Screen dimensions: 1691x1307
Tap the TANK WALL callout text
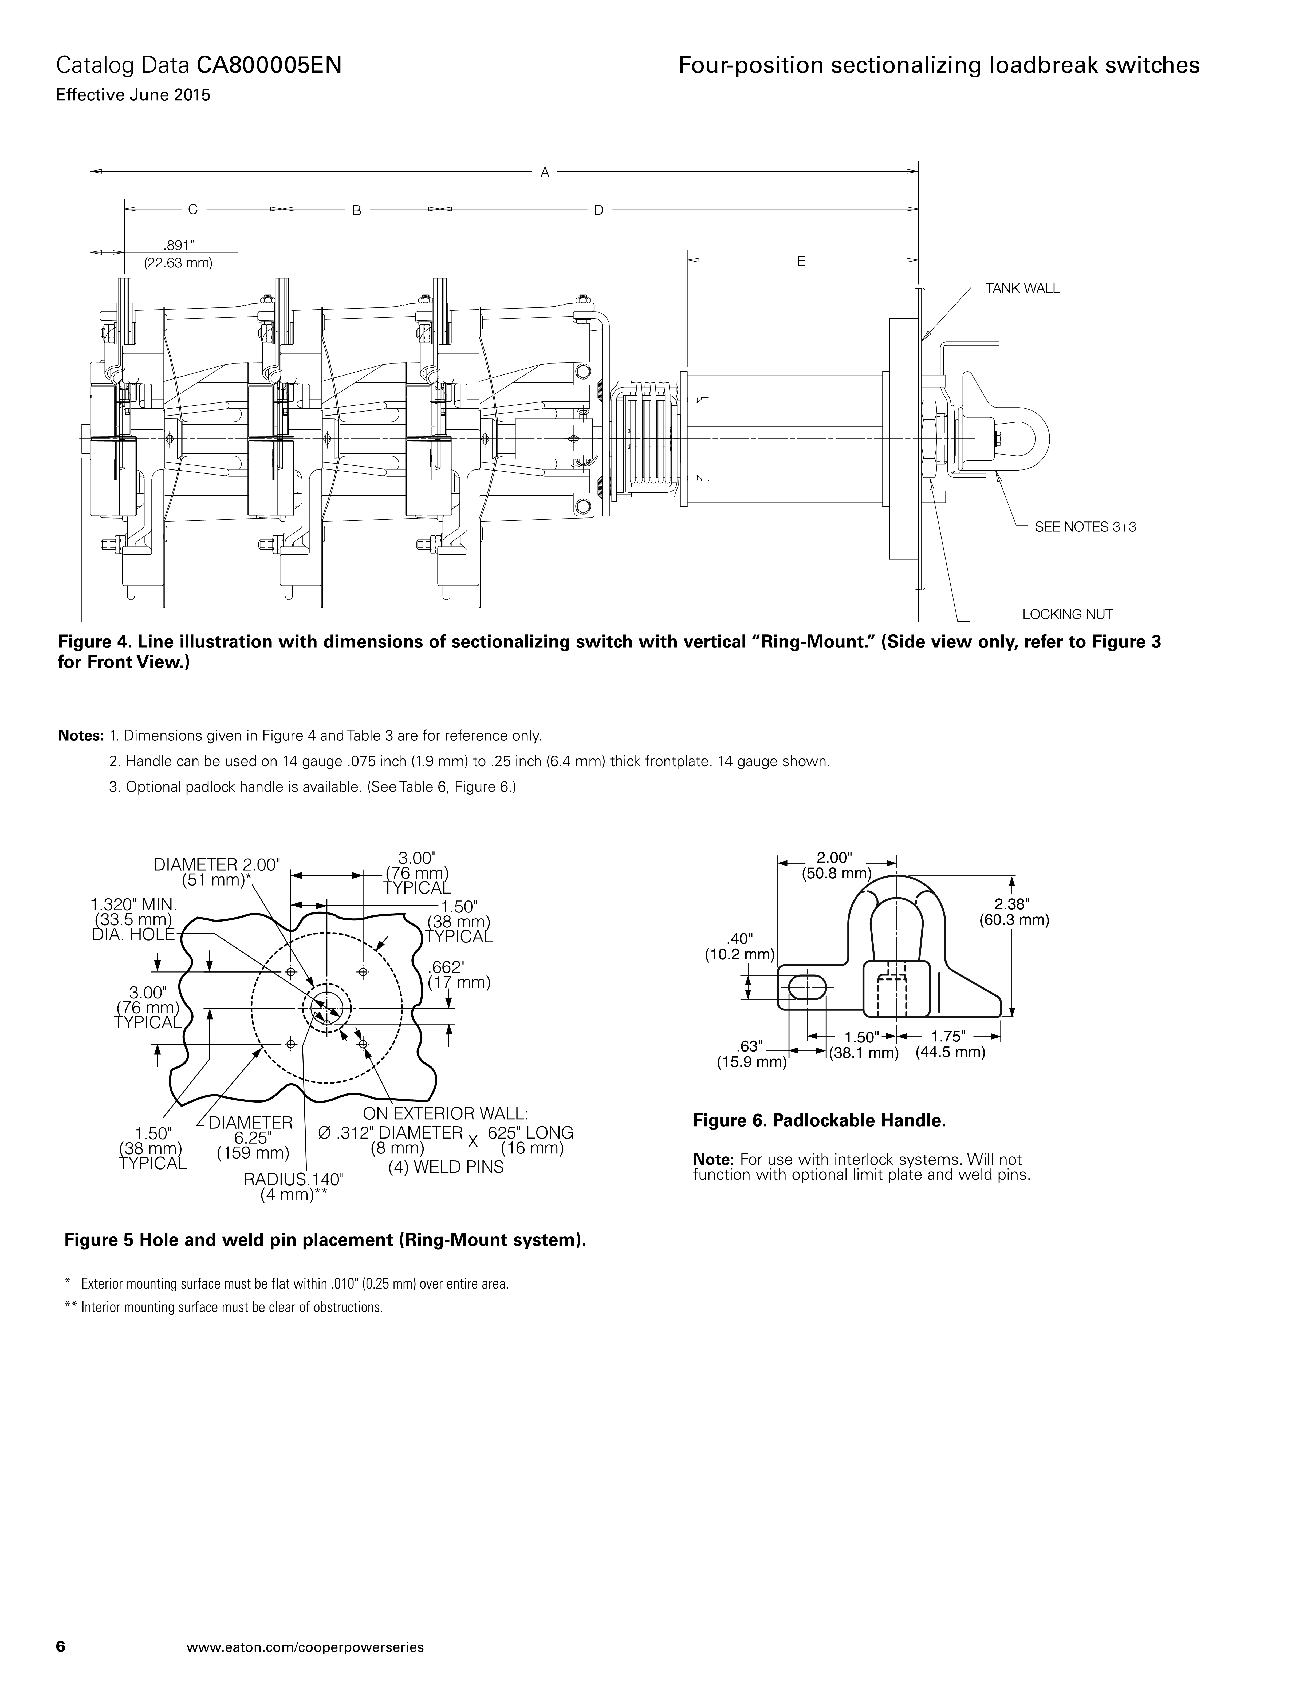pyautogui.click(x=1022, y=289)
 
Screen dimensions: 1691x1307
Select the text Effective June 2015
pyautogui.click(x=133, y=96)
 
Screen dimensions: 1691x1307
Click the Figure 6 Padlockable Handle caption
pyautogui.click(x=819, y=1120)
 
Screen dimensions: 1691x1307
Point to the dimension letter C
pyautogui.click(x=193, y=209)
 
